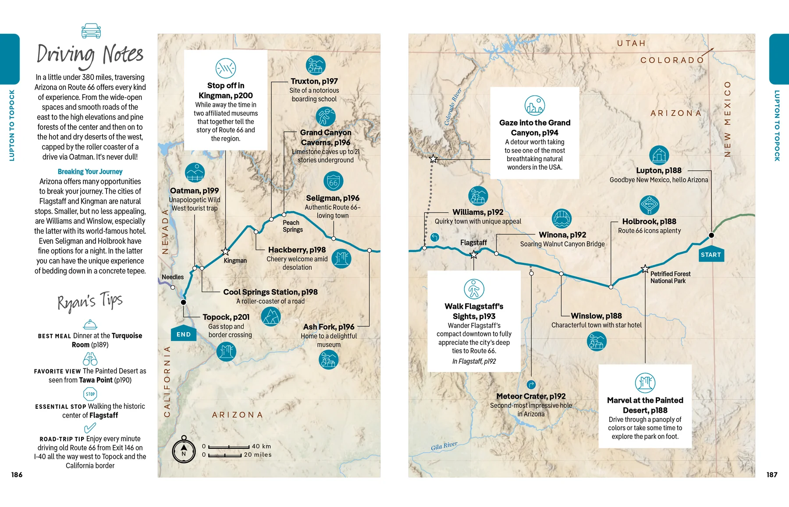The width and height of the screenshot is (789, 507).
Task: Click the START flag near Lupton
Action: click(x=711, y=255)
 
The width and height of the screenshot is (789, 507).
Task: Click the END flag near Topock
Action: click(x=183, y=334)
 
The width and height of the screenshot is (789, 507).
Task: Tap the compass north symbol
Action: click(x=184, y=450)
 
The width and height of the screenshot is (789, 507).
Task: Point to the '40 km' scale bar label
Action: click(x=261, y=446)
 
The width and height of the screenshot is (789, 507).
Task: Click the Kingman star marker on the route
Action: click(x=225, y=252)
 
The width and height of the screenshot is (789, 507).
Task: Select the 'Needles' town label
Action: click(x=173, y=277)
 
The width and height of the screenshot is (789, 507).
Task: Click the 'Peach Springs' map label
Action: click(x=292, y=226)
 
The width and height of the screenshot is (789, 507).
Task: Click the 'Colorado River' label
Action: click(x=453, y=107)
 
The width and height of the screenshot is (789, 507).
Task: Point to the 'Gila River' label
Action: click(x=444, y=446)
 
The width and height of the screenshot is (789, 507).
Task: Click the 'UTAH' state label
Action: click(x=631, y=43)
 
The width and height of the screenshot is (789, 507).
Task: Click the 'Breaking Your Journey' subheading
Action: click(x=90, y=172)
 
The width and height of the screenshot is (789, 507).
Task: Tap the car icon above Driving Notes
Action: click(x=91, y=31)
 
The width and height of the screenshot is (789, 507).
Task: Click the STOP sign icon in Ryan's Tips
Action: click(x=90, y=394)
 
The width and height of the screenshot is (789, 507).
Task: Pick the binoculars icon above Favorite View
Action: click(x=90, y=359)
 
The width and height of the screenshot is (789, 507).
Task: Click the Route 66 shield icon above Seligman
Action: click(x=333, y=181)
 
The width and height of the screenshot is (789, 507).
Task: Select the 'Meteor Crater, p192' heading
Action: click(x=531, y=396)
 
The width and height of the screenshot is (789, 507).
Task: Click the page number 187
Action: click(x=771, y=475)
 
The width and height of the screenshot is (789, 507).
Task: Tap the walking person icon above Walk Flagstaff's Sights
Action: click(x=474, y=289)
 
